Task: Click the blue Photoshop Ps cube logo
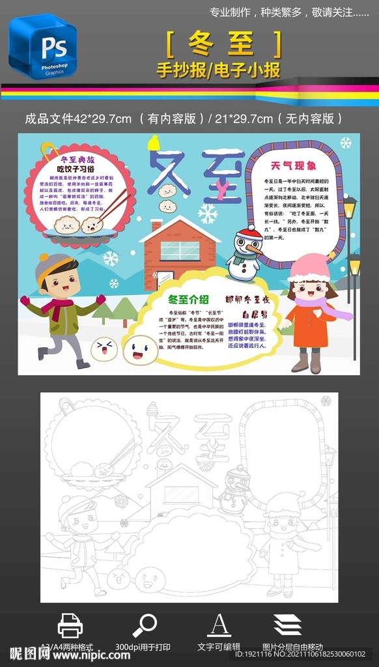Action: [42, 47]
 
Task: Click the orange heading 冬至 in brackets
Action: [225, 44]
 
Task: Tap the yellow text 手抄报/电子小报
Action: [218, 70]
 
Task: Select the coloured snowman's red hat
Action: [249, 233]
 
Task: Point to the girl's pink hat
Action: [309, 268]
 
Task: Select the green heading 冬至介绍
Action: [188, 299]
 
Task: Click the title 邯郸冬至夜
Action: [247, 300]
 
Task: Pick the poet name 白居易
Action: [255, 313]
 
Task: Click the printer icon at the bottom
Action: [70, 625]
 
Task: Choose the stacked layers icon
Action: [287, 625]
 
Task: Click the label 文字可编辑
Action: [219, 647]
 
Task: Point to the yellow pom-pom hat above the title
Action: [154, 143]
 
